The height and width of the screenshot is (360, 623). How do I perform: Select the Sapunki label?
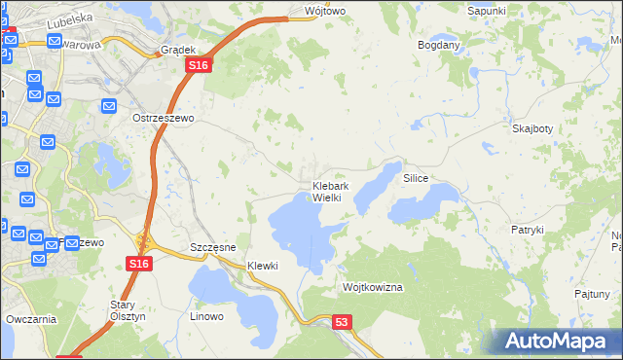coord(487,11)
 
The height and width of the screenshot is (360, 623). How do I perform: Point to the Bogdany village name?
coord(438,46)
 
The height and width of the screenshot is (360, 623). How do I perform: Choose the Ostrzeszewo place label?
coord(164,118)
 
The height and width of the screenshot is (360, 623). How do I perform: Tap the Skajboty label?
coord(532,128)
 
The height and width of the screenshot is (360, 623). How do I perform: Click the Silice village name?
coord(416,180)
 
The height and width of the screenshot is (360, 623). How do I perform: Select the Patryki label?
coord(527,230)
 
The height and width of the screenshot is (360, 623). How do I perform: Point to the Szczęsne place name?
coord(213,247)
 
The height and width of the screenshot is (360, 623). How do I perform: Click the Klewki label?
coord(263,266)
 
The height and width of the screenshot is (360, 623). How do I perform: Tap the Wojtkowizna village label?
coord(373,288)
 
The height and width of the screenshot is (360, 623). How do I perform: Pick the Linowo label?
coord(206,316)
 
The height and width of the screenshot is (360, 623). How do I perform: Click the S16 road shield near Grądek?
coord(198,64)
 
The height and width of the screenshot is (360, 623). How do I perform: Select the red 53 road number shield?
coord(340,322)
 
